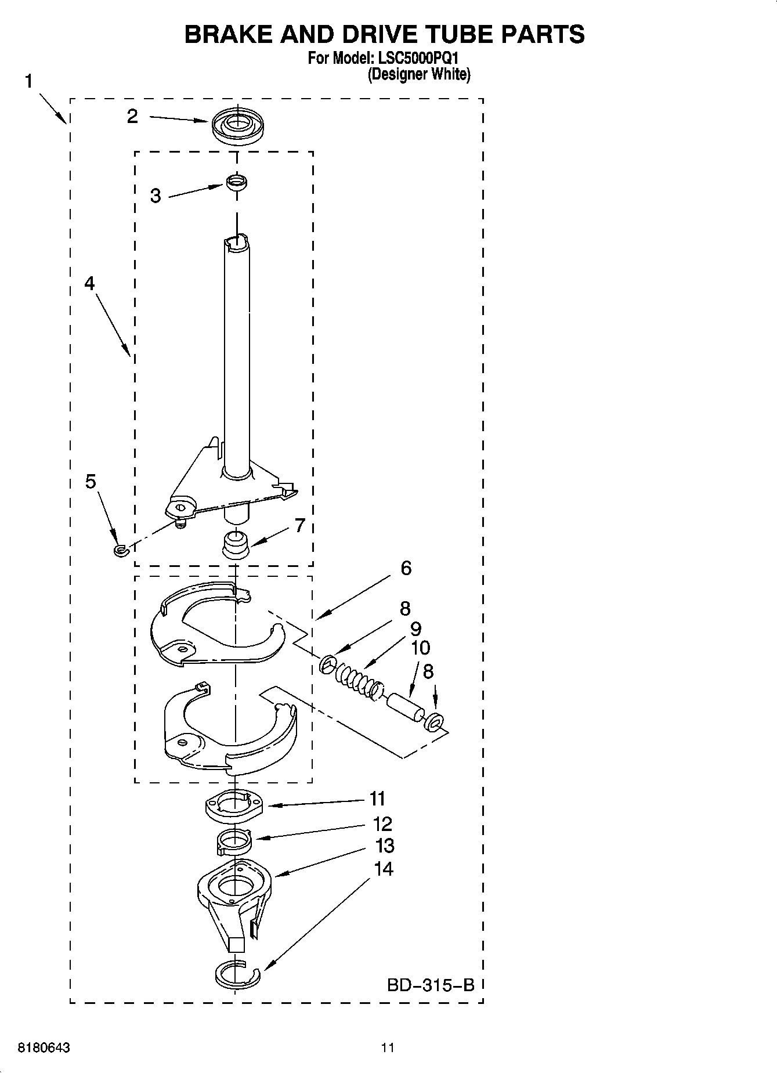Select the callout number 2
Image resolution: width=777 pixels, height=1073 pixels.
(133, 117)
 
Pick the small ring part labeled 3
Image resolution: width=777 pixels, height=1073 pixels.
(236, 182)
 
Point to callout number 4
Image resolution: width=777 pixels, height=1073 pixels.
(89, 283)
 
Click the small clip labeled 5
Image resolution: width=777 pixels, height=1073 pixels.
(120, 550)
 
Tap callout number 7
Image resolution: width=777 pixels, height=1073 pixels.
(299, 526)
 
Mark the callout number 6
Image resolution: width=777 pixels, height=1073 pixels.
(406, 568)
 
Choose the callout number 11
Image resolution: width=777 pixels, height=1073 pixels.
(378, 799)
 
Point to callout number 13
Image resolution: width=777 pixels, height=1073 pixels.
(385, 846)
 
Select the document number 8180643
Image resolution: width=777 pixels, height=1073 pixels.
(45, 1048)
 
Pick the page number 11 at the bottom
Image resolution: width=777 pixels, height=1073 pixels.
(388, 1048)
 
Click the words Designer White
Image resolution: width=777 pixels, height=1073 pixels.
(418, 74)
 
